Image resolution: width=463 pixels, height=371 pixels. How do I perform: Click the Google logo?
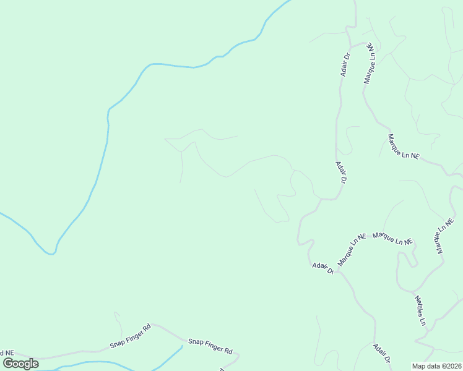pos(21,364)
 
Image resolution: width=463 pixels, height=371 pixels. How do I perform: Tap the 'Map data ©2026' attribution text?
pos(437,366)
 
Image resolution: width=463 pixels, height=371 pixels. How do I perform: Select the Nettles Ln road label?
pos(420,310)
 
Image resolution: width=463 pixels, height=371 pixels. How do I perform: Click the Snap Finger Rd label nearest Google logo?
pos(131,336)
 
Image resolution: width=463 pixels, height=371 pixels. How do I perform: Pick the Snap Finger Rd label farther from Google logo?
pos(210,346)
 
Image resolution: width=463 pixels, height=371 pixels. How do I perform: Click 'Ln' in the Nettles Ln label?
pos(423,321)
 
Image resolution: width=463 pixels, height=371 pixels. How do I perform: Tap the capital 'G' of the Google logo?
pos(8,363)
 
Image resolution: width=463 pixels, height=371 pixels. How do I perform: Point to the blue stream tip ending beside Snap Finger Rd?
pos(182,346)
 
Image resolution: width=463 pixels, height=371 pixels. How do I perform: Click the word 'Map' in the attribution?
pos(419,366)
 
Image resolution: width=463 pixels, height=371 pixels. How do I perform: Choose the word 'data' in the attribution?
pos(433,366)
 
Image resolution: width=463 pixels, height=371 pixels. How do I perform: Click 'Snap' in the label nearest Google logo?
pos(118,341)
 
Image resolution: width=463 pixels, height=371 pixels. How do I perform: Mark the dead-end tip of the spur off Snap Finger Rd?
pos(115,313)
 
